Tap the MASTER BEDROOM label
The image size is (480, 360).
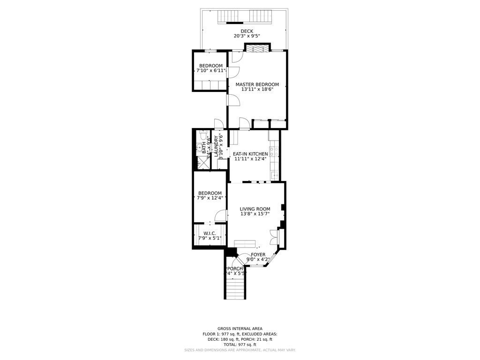point(257,85)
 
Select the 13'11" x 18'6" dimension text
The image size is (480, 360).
point(257,90)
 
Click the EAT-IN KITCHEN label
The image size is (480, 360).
point(250,154)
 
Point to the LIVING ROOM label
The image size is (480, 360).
point(255,209)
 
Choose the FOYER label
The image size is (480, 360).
point(258,255)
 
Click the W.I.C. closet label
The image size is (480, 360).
point(210,233)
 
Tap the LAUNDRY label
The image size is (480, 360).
point(217,146)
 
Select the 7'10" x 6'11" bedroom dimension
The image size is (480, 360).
point(210,71)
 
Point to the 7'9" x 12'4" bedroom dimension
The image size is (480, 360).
point(210,198)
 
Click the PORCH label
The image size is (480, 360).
point(235,269)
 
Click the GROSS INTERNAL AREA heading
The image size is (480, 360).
point(240,329)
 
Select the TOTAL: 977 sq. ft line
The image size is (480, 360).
point(240,345)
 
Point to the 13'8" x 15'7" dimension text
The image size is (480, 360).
point(255,214)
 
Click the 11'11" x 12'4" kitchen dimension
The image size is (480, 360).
point(250,159)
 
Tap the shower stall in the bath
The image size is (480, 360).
point(202,163)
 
